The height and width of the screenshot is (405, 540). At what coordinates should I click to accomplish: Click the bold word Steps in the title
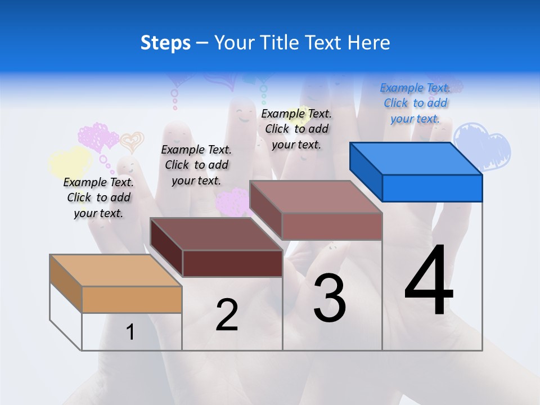pyautogui.click(x=165, y=43)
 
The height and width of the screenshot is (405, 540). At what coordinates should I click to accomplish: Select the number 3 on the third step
pyautogui.click(x=330, y=298)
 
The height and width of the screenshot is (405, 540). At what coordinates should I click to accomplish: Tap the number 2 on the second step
pyautogui.click(x=227, y=315)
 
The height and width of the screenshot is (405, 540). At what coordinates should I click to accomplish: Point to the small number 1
pyautogui.click(x=130, y=332)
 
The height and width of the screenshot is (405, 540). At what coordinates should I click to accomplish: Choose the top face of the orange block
pyautogui.click(x=116, y=271)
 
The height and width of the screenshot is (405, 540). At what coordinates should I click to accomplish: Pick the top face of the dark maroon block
pyautogui.click(x=216, y=233)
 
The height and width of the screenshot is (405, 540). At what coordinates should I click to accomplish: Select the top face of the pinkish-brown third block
pyautogui.click(x=316, y=196)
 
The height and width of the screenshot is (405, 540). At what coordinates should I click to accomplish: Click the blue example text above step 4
pyautogui.click(x=415, y=103)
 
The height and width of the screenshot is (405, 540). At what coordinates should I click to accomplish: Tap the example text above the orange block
pyautogui.click(x=98, y=197)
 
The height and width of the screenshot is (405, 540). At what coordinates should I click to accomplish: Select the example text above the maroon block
pyautogui.click(x=196, y=165)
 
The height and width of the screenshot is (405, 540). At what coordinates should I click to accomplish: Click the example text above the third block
pyautogui.click(x=296, y=129)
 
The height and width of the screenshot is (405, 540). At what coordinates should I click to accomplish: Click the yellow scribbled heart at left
pyautogui.click(x=70, y=162)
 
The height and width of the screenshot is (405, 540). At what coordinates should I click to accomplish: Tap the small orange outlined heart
pyautogui.click(x=132, y=142)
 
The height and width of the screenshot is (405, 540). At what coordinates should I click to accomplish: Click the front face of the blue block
pyautogui.click(x=432, y=188)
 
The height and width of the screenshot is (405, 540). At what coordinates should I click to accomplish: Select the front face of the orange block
pyautogui.click(x=132, y=299)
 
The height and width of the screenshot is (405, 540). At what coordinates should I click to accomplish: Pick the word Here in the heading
pyautogui.click(x=370, y=43)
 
